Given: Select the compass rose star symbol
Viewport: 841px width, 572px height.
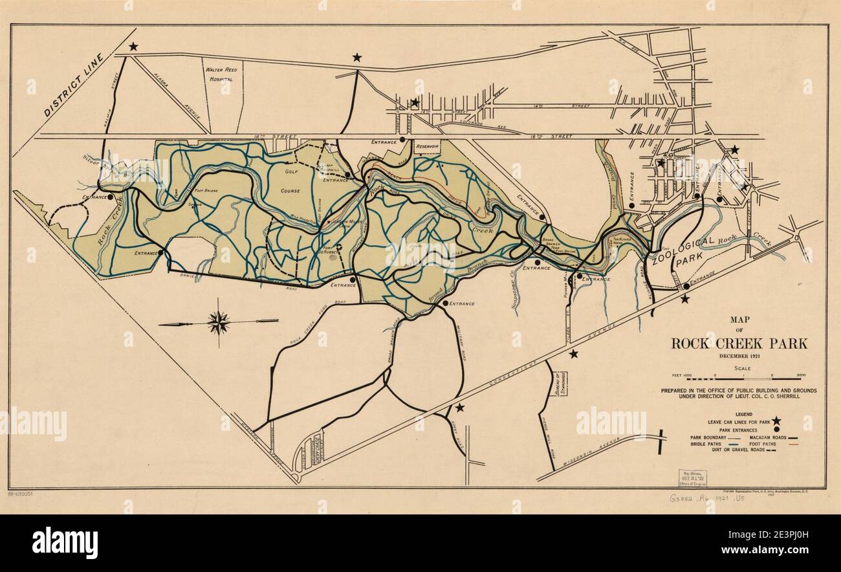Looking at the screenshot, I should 219,321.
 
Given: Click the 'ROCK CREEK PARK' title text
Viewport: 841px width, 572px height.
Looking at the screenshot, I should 739,344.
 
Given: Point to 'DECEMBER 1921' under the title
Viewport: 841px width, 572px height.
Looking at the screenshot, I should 739,357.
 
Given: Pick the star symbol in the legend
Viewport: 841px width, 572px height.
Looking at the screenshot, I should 776,421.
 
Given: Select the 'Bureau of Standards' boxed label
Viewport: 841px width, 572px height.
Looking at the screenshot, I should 560,386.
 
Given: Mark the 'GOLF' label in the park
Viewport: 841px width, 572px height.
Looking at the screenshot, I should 290,171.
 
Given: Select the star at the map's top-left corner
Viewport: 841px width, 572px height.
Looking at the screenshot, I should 133,47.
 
